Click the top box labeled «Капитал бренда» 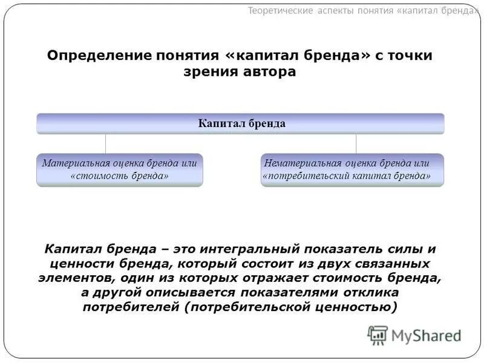(241, 123)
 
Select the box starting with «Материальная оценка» (120, 169)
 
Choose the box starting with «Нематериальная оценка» (352, 169)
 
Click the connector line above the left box (106, 143)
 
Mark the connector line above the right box (356, 143)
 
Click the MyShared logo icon (378, 335)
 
